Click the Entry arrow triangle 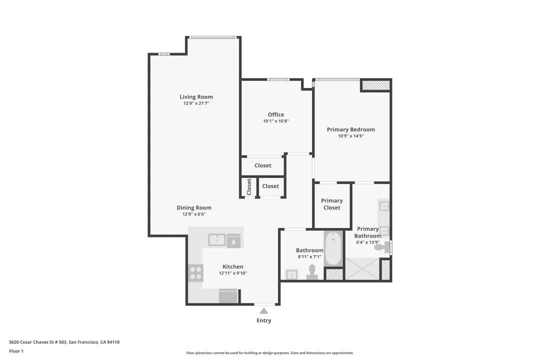tap(264, 311)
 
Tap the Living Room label tap(196, 97)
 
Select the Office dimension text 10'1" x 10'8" tap(276, 121)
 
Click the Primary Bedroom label tap(351, 129)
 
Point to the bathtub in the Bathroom tap(333, 248)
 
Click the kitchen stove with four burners tap(195, 273)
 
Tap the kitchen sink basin tap(217, 240)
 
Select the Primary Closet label tap(332, 204)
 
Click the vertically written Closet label tap(249, 186)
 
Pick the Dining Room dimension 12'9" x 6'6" tap(194, 214)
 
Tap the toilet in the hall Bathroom tap(312, 272)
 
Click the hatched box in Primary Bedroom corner tap(375, 85)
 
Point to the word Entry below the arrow tap(264, 320)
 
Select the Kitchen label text tap(233, 266)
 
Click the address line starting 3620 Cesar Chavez tap(64, 342)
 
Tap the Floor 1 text tap(16, 351)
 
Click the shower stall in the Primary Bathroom tap(362, 268)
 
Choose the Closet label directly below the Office tap(263, 165)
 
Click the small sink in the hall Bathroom tap(291, 274)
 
